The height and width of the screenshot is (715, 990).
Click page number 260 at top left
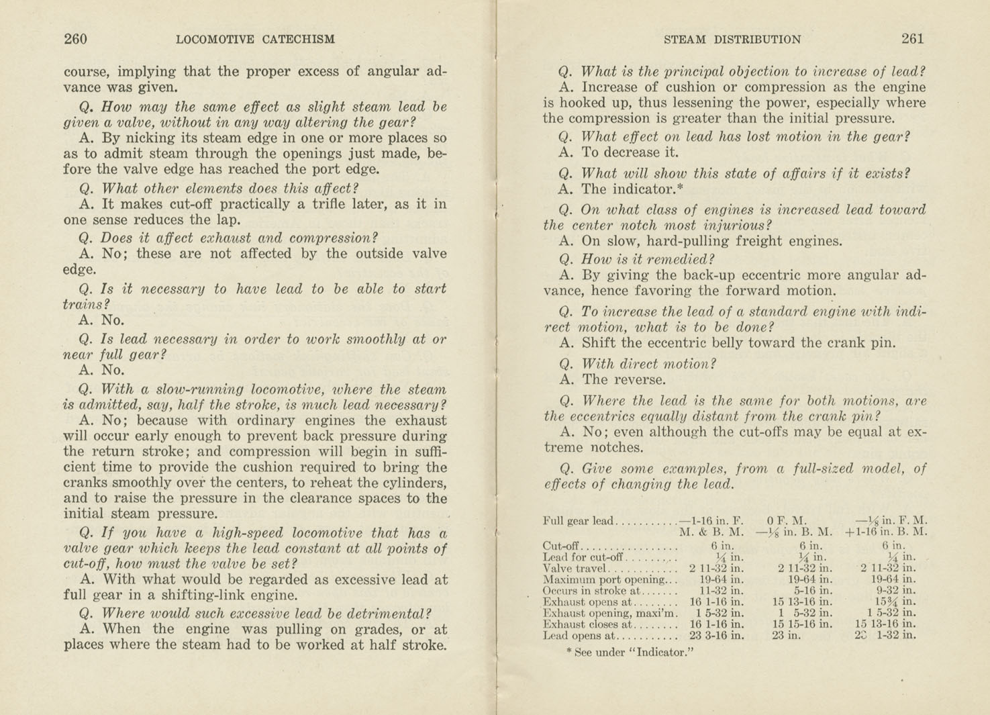tap(75, 39)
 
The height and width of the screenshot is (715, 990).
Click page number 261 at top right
tap(912, 39)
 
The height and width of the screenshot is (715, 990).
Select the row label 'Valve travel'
tap(574, 568)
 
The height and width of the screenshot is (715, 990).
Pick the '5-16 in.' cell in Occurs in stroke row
tap(809, 591)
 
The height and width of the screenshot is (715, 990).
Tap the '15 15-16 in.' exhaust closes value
tap(802, 624)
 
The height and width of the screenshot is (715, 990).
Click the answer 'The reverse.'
tap(624, 380)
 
